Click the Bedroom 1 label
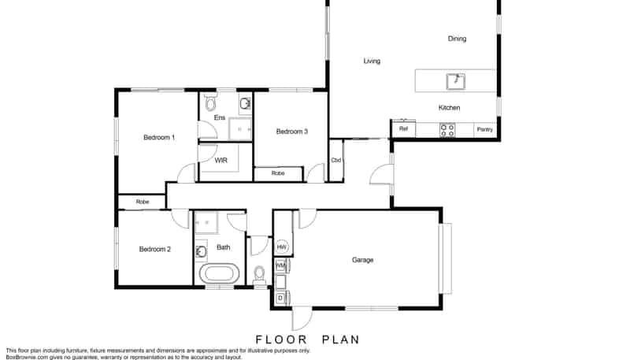[x=158, y=138]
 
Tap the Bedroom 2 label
[x=154, y=250]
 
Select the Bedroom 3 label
[x=291, y=132]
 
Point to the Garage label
[x=362, y=260]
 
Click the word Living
[x=372, y=61]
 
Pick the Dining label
[x=457, y=39]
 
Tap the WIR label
[x=221, y=160]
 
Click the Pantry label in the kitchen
[x=484, y=129]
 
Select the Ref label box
[x=403, y=128]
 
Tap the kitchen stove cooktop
[x=447, y=131]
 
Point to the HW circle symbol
[x=282, y=247]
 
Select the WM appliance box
[x=280, y=266]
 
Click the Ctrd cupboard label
[x=335, y=161]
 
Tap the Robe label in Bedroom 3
[x=278, y=173]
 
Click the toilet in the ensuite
[x=209, y=104]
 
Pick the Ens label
[x=220, y=118]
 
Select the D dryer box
[x=280, y=298]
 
